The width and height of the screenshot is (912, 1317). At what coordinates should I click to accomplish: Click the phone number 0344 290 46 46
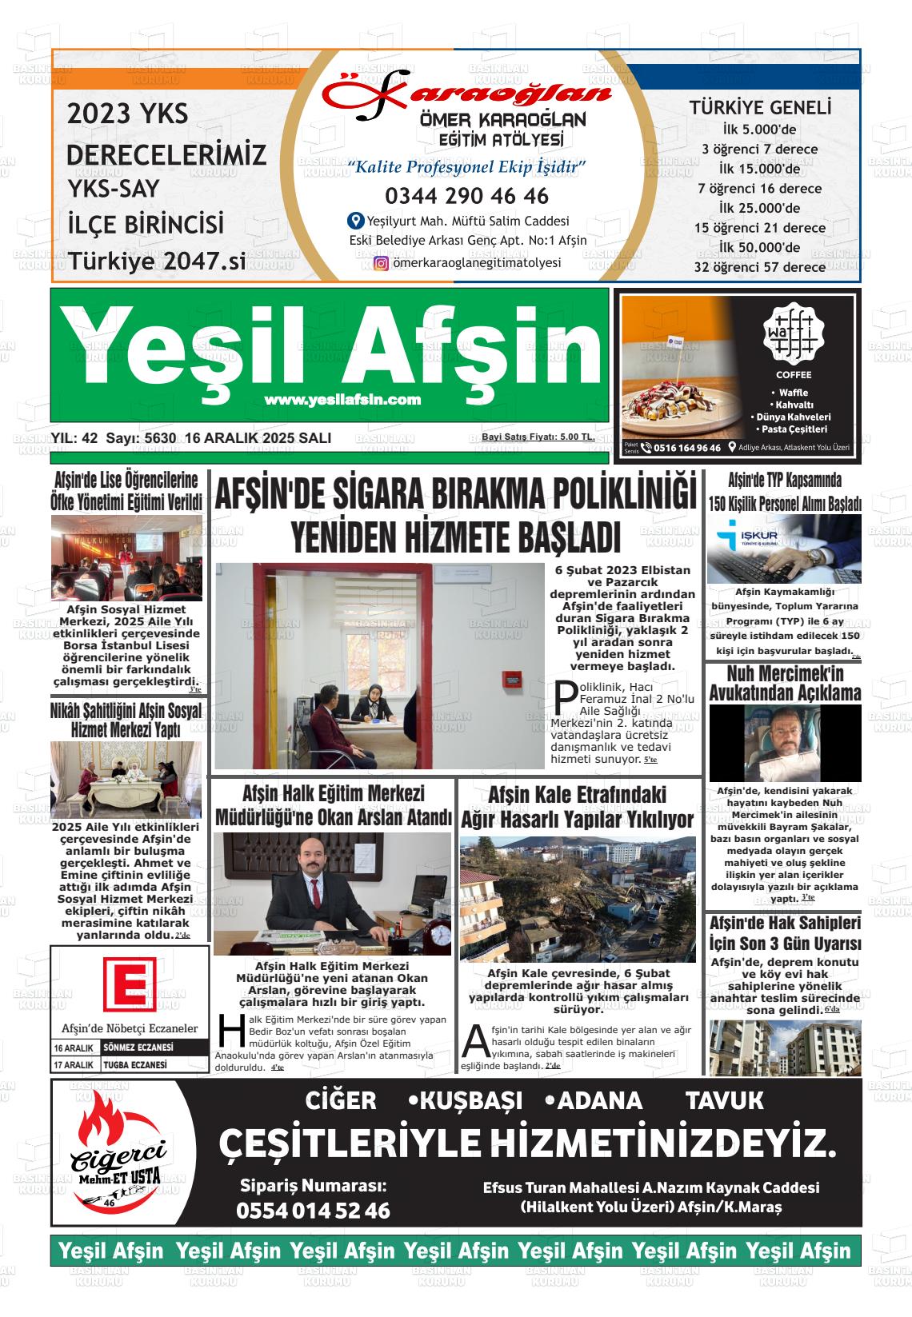pos(466,196)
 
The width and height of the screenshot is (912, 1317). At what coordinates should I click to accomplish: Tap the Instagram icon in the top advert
pos(382,263)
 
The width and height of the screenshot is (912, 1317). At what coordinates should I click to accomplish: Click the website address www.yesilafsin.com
pos(342,400)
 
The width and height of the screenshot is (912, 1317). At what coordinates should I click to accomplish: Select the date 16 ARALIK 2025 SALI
pos(258,438)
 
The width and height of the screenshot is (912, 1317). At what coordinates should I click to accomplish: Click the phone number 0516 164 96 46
pos(686,448)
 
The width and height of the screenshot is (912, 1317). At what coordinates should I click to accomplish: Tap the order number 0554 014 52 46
pos(313,1211)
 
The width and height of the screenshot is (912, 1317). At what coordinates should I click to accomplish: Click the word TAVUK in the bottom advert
pos(725,1101)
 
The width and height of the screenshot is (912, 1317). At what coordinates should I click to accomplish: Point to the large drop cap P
pos(564,695)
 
